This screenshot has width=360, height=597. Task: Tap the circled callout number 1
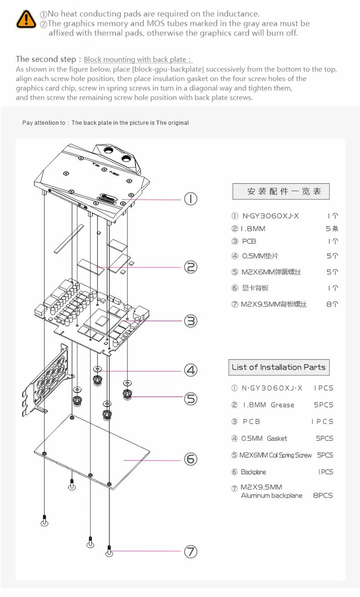coord(190,199)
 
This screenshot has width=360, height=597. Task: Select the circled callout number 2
coord(190,267)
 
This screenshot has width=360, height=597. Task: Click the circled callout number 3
coord(190,321)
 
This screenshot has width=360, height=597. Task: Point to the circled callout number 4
coord(190,370)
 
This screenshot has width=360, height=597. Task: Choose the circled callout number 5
coord(190,398)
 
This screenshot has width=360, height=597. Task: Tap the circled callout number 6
coord(190,459)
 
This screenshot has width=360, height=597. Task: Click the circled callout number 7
coord(190,551)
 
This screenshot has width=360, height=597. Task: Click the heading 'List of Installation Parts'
coord(278,367)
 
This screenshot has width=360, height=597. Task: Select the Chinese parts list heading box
coord(281,191)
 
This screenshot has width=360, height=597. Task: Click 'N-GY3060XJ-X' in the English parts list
coord(272,388)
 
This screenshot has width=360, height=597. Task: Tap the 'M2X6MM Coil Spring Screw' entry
coord(275,455)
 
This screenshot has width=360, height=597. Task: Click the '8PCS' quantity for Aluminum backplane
coord(323,495)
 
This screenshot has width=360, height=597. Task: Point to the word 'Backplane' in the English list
coord(253,472)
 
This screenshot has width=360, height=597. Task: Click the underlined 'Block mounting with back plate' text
coord(137,59)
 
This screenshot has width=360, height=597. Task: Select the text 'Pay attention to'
coord(44,123)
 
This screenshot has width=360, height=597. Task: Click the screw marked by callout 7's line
coord(109,551)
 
